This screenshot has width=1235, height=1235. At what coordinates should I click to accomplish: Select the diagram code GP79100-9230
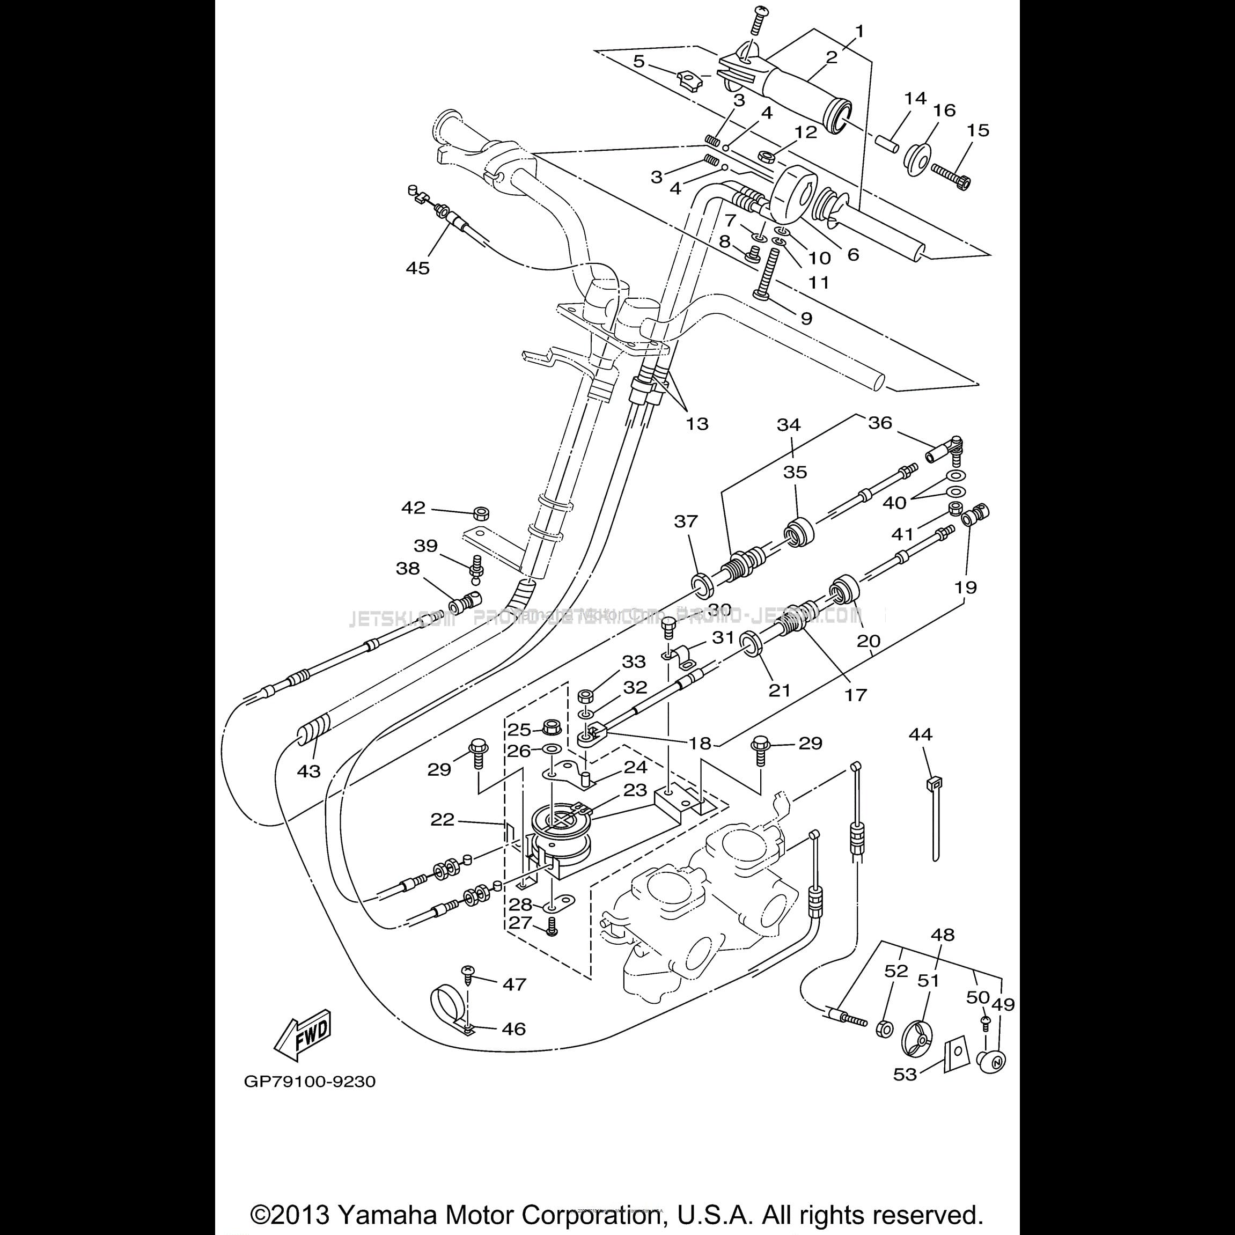(310, 1082)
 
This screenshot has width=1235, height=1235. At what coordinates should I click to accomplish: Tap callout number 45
(418, 268)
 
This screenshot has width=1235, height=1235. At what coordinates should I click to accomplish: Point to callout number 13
(697, 424)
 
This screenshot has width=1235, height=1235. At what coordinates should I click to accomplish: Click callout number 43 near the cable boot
(309, 771)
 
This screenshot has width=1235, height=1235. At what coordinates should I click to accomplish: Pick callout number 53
(905, 1074)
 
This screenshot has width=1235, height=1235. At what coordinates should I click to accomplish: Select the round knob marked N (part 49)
(993, 1062)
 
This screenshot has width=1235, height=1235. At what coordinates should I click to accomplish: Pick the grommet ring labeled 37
(702, 584)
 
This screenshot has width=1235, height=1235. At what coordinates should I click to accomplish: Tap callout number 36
(880, 423)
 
